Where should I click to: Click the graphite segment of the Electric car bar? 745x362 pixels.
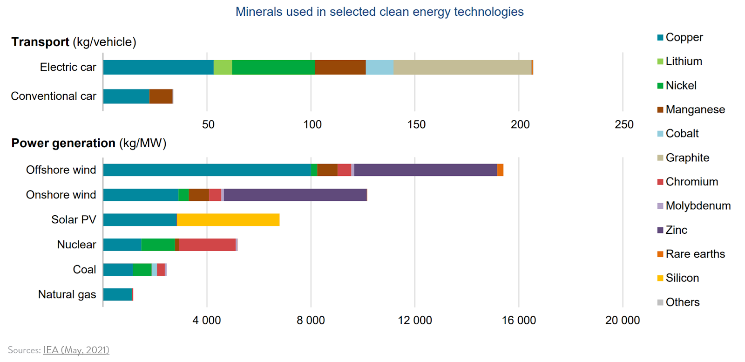click(x=462, y=68)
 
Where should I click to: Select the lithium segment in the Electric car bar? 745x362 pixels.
click(x=223, y=68)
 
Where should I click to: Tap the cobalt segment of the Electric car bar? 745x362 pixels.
click(x=379, y=68)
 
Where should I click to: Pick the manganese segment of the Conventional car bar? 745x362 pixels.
click(x=161, y=96)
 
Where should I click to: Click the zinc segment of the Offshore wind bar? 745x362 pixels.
click(x=425, y=170)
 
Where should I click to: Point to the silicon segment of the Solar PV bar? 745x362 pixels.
click(x=228, y=220)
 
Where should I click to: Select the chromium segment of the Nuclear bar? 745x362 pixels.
click(x=207, y=245)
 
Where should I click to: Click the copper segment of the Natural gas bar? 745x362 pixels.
click(x=117, y=294)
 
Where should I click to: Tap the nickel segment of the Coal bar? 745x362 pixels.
click(x=142, y=270)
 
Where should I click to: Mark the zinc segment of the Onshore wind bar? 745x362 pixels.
click(x=295, y=195)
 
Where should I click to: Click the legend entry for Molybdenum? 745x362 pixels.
click(x=698, y=206)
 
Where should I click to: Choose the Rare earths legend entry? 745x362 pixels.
click(x=695, y=254)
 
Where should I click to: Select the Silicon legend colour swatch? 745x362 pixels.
click(x=660, y=278)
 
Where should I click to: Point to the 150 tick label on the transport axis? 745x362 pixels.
click(x=416, y=124)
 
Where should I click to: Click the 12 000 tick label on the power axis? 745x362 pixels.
click(x=415, y=321)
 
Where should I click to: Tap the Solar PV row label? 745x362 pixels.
click(x=74, y=220)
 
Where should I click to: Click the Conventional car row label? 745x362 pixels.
click(x=54, y=96)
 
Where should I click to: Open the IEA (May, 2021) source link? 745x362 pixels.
click(x=76, y=350)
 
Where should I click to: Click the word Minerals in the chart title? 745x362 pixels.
click(x=259, y=12)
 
